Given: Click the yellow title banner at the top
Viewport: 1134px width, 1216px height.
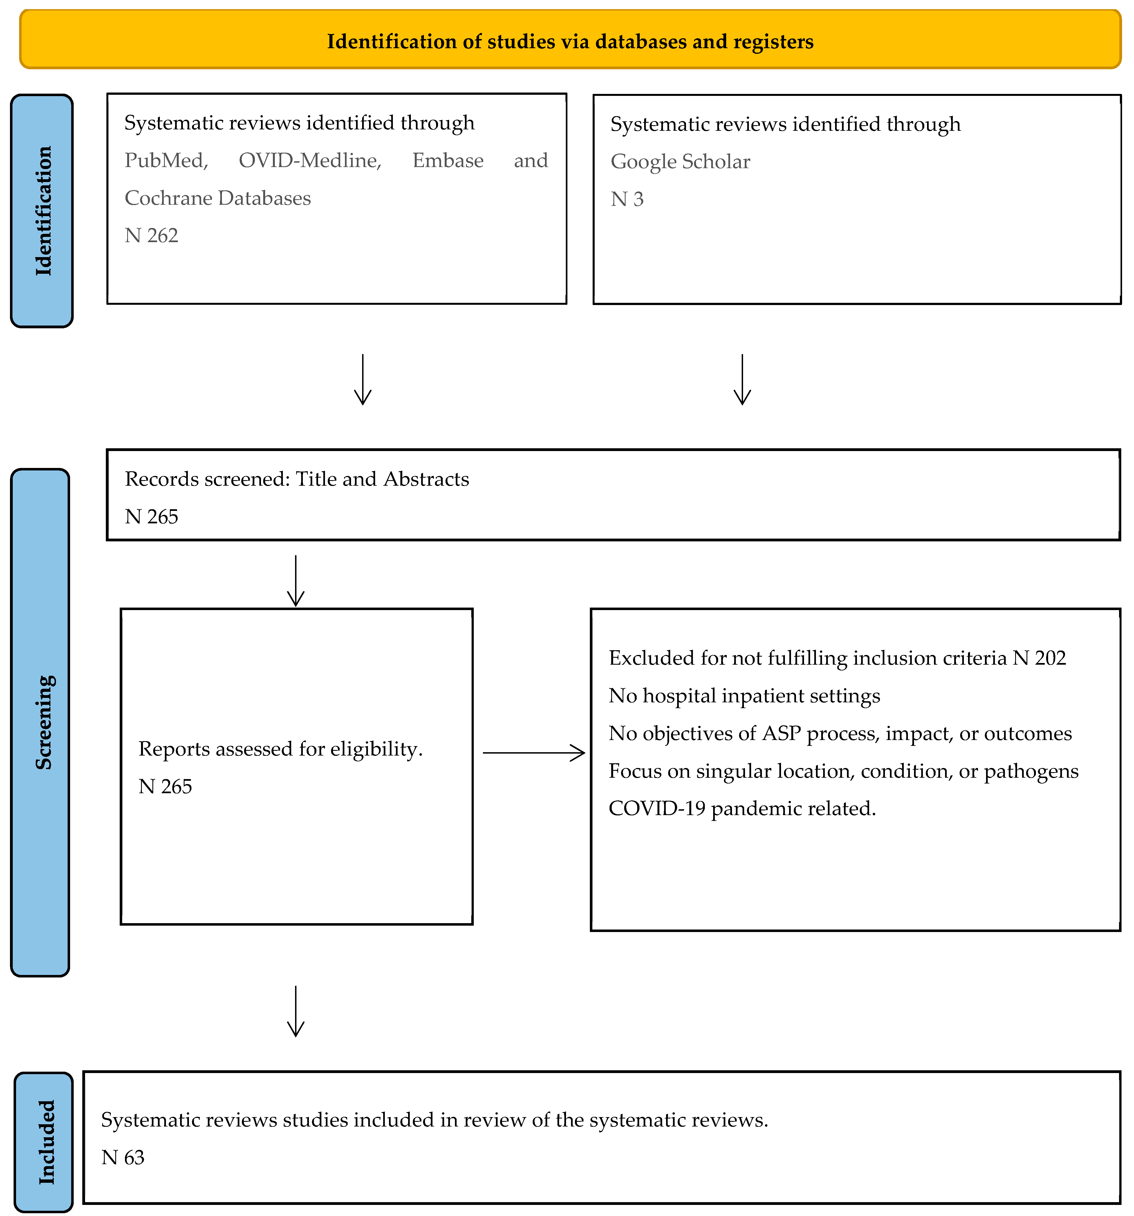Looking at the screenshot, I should click(x=570, y=39).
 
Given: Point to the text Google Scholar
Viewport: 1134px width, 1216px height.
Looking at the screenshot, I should click(x=680, y=162).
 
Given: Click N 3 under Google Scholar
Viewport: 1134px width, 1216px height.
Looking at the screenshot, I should click(x=627, y=199).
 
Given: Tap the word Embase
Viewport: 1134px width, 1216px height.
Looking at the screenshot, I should click(x=448, y=160).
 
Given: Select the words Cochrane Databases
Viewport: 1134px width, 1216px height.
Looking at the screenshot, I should click(x=218, y=198).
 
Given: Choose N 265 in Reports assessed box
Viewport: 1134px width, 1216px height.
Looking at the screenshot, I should click(x=165, y=787).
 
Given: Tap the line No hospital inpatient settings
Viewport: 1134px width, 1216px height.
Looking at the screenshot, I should click(x=744, y=696).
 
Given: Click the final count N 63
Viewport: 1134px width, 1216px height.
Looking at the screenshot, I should click(x=123, y=1158).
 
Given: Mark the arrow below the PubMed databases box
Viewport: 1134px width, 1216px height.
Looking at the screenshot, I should click(x=363, y=379).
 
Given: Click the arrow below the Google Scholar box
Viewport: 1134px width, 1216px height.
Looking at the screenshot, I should click(x=742, y=379).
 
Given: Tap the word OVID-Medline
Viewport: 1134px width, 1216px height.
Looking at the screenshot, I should click(x=309, y=160).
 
